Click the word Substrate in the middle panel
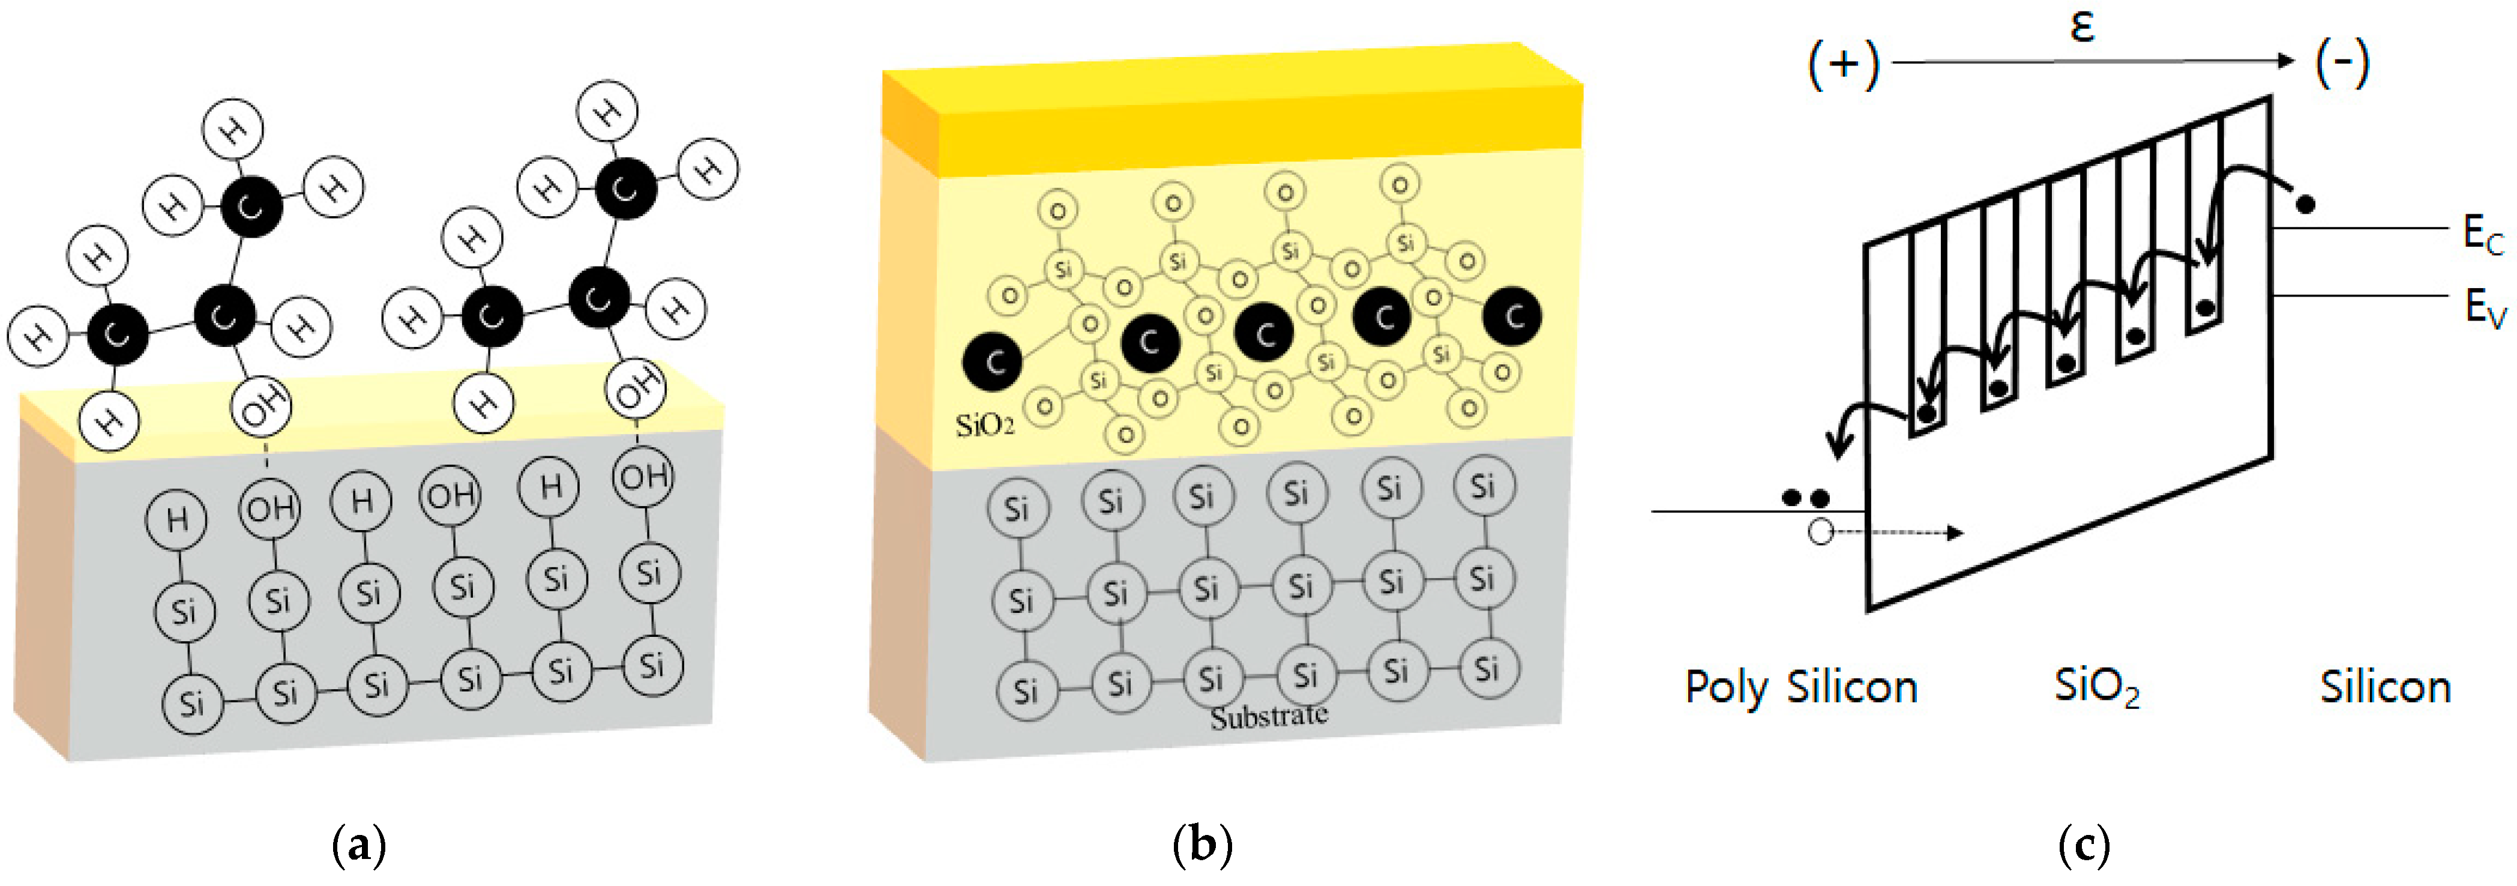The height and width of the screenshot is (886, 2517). (x=1268, y=717)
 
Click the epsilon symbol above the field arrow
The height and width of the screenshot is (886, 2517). (x=2082, y=26)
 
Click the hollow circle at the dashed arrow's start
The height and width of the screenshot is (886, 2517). (x=1820, y=532)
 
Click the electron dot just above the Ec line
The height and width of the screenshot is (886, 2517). (x=2305, y=204)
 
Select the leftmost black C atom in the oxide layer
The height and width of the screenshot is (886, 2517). (x=992, y=361)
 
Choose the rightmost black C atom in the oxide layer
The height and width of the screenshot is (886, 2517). (x=1512, y=316)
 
